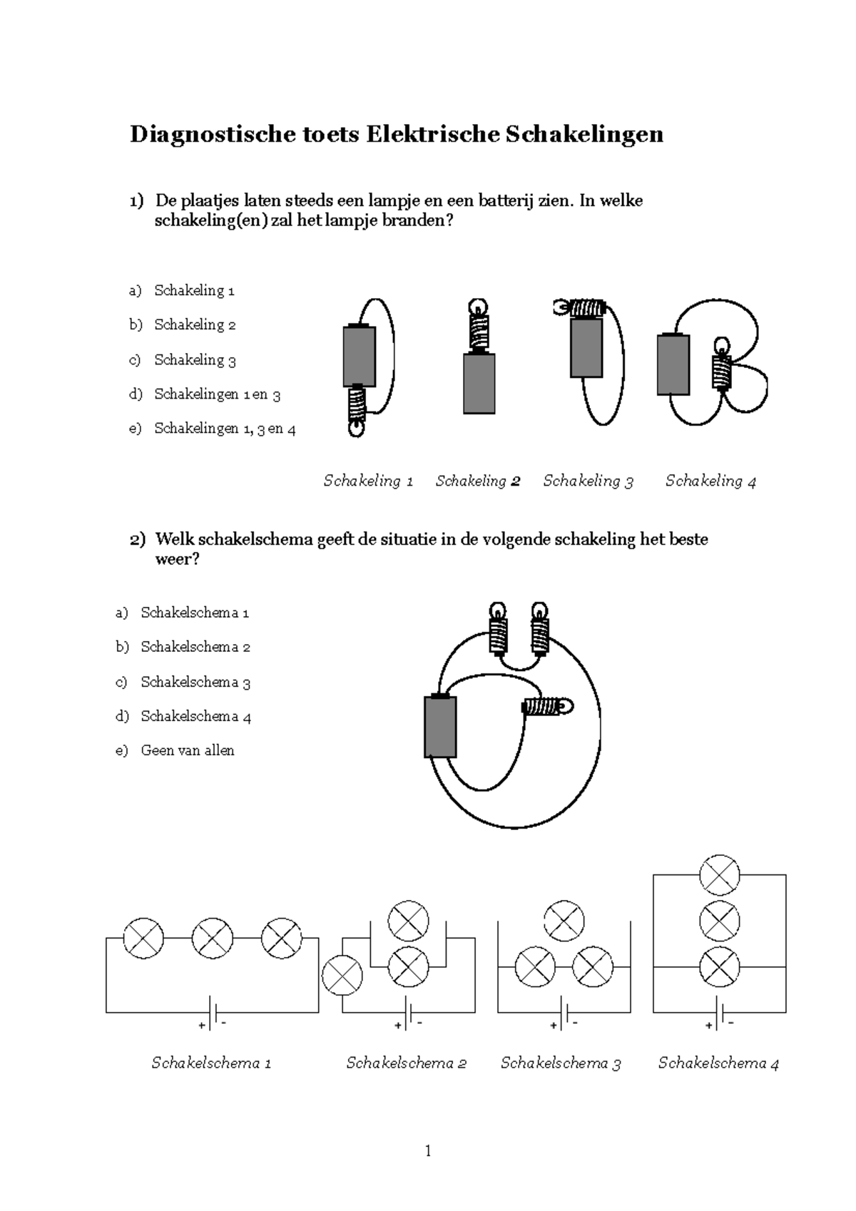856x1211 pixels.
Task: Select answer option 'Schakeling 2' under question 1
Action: (195, 325)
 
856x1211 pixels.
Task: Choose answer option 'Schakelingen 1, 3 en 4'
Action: (225, 429)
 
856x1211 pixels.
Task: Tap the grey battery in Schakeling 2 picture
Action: (479, 384)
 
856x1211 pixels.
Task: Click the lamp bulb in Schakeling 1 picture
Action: (355, 429)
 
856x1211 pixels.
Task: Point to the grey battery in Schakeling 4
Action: (673, 364)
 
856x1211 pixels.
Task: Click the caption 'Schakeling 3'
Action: (588, 481)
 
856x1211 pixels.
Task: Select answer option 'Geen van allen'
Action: (188, 750)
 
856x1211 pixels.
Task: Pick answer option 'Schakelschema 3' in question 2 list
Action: (195, 682)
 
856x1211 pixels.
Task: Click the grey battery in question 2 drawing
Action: (440, 727)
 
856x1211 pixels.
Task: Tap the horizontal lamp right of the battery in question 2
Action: (548, 707)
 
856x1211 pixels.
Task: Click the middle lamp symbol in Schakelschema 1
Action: (213, 939)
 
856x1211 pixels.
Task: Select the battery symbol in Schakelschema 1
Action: (212, 1013)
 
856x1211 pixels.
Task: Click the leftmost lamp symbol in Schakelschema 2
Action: (342, 975)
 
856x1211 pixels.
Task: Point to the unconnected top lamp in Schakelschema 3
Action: (564, 920)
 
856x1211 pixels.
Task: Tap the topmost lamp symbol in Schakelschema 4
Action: (719, 875)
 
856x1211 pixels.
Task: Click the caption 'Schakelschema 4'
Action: (718, 1063)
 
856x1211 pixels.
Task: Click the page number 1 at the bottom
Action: (427, 1150)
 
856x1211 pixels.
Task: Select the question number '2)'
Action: (137, 539)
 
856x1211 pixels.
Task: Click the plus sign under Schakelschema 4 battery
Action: (708, 1026)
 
